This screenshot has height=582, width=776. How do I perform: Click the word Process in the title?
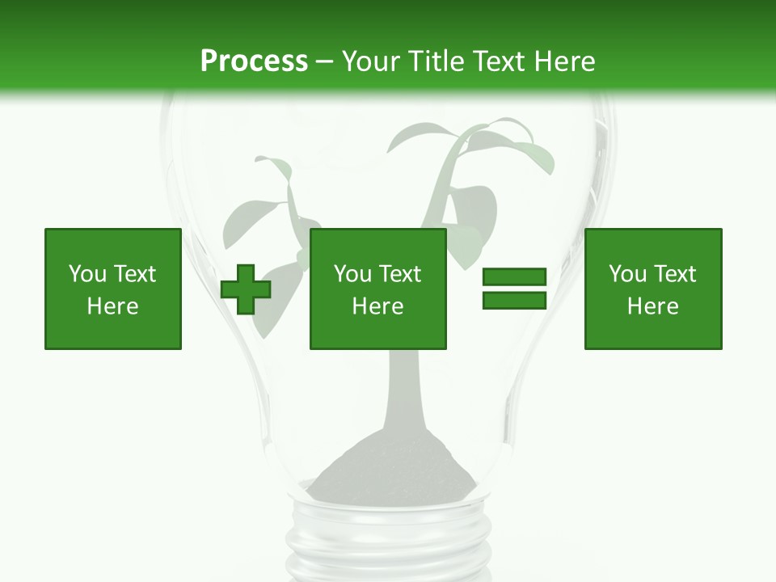pos(254,61)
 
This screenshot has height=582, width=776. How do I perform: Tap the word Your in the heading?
pos(372,61)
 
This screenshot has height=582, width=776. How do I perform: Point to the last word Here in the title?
pos(563,61)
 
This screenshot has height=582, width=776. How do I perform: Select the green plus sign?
pos(246,289)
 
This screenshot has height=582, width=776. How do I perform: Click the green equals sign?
pos(515,289)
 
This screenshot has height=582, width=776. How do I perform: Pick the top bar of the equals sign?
pos(515,277)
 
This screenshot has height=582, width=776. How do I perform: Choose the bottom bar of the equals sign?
pos(515,301)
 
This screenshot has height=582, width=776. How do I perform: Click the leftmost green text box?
pos(113,289)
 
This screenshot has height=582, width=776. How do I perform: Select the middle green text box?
pos(378,289)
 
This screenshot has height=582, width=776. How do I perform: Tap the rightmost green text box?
pos(653,289)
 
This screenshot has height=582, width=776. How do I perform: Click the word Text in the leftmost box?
pos(134,274)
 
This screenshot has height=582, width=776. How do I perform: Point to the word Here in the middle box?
pos(378,306)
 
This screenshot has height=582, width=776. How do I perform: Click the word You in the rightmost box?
pos(628,274)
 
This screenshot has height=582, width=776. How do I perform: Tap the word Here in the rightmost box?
pos(653,306)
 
